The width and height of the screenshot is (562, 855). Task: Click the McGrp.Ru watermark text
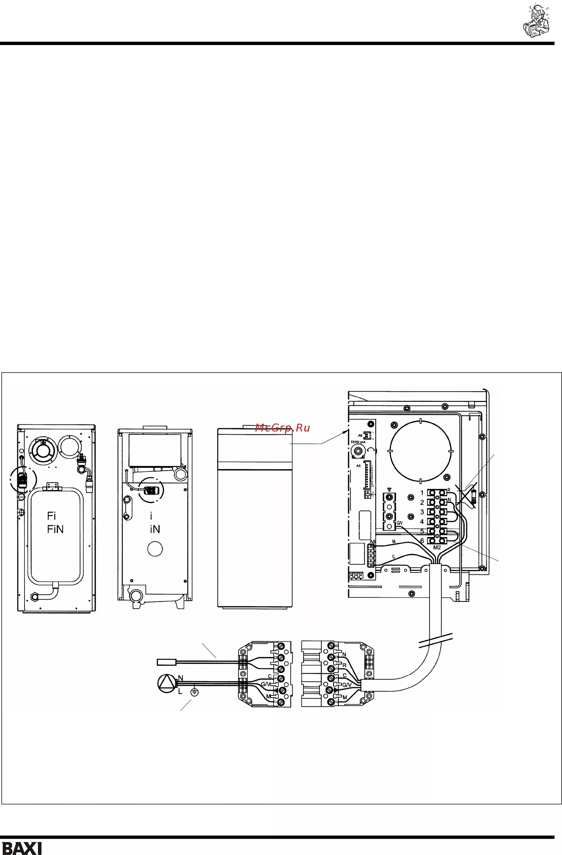click(x=282, y=427)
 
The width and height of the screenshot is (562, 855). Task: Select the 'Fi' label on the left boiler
click(x=51, y=516)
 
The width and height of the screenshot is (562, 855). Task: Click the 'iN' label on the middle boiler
click(x=155, y=529)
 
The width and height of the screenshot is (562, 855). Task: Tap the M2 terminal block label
click(x=437, y=547)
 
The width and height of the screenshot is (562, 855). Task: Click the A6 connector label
click(x=360, y=435)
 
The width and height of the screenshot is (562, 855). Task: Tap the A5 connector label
click(x=358, y=466)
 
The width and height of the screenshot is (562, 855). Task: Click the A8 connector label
click(x=372, y=542)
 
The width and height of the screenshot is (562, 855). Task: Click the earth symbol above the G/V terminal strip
click(x=390, y=489)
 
